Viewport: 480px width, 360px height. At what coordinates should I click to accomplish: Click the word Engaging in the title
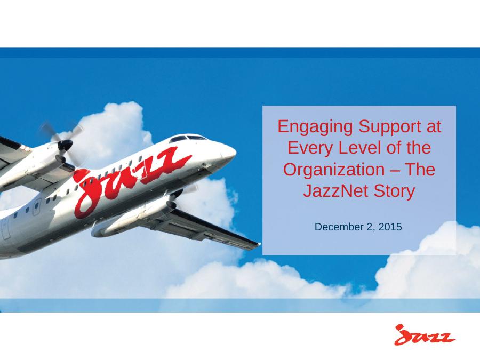[x=315, y=127]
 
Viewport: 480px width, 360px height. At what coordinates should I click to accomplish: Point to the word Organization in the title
[x=334, y=170]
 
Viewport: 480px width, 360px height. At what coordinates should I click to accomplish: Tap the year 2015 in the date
[x=390, y=227]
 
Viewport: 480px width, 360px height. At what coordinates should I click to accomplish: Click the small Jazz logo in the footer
[x=424, y=335]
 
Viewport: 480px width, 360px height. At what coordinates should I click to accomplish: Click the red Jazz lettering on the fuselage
[x=129, y=181]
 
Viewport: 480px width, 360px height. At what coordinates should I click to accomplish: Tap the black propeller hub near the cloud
[x=65, y=145]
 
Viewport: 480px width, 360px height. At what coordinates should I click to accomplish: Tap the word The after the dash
[x=420, y=169]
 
